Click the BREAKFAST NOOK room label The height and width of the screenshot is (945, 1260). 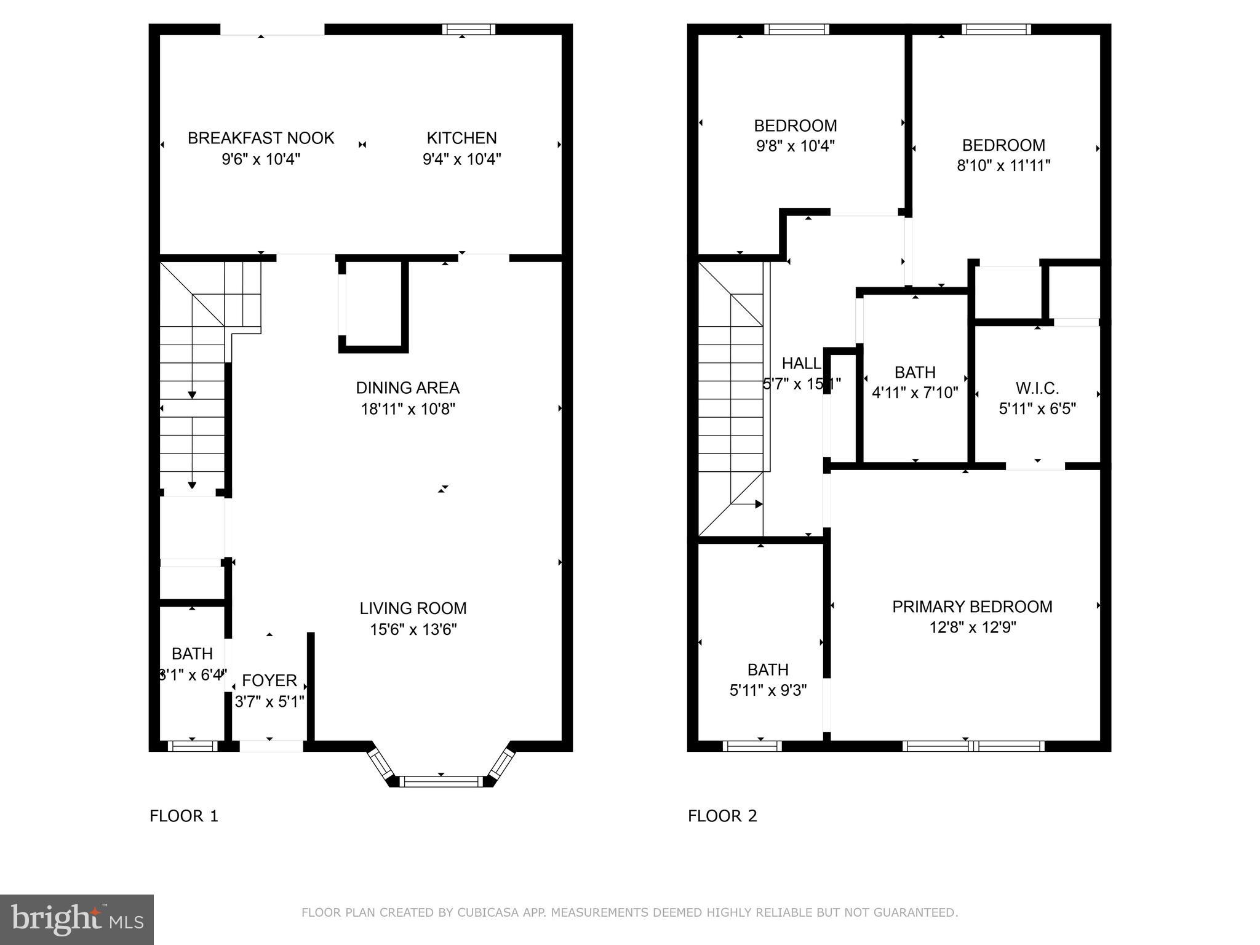pos(261,138)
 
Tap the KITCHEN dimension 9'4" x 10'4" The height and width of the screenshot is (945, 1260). pos(461,159)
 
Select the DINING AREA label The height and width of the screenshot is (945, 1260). pos(407,388)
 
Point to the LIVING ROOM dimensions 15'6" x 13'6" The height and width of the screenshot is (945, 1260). pos(413,629)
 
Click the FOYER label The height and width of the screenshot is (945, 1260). pos(269,680)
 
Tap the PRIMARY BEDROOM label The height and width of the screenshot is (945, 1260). pos(972,607)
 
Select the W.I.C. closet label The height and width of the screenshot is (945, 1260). pos(1037,388)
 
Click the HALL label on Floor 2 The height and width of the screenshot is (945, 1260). pos(800,363)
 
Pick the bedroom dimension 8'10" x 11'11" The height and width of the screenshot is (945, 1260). pos(1003,165)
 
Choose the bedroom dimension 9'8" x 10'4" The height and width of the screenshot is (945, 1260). pos(795,146)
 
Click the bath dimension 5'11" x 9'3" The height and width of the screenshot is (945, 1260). pos(768,690)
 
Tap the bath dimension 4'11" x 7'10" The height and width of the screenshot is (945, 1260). pos(915,393)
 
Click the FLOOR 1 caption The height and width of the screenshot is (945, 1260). pos(183,816)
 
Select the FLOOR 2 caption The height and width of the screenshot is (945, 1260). pos(722,816)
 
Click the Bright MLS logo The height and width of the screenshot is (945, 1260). pos(76,919)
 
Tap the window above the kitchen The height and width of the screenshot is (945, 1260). pos(468,29)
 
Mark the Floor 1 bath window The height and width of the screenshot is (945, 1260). pos(192,746)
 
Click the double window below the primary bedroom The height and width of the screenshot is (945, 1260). pos(973,746)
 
